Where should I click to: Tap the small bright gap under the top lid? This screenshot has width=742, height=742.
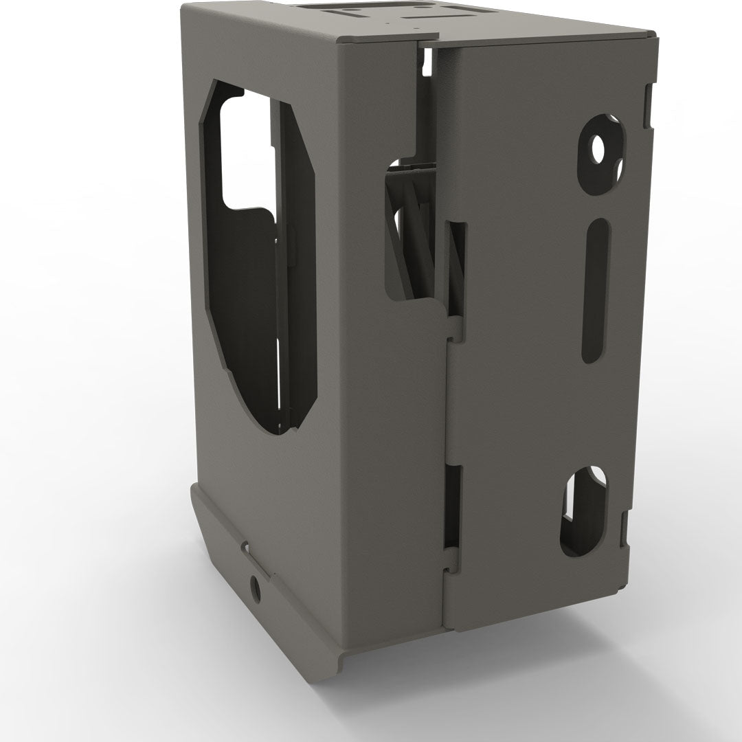point(427,64)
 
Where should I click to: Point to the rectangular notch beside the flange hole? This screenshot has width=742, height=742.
point(245,549)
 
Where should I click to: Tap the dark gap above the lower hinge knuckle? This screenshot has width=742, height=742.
point(451,505)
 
